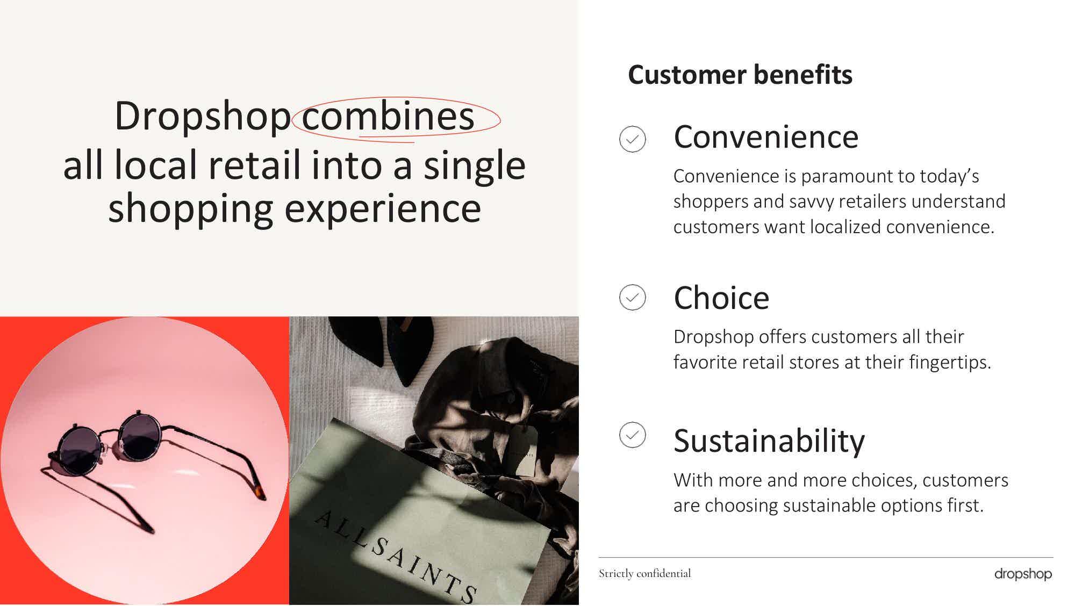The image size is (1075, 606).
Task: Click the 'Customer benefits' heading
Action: [740, 75]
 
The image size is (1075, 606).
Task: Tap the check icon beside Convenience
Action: [633, 139]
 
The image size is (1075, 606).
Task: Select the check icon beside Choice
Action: [633, 297]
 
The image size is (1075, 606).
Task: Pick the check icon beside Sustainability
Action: [633, 435]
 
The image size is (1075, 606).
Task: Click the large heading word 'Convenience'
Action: [766, 137]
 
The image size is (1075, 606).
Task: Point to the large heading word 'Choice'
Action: [721, 298]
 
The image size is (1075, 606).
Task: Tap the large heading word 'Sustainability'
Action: [769, 442]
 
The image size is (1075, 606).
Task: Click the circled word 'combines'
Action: [388, 116]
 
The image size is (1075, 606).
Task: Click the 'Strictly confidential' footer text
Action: [645, 574]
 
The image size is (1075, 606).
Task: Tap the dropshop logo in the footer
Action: [1023, 574]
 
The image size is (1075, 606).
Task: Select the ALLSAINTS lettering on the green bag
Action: [396, 557]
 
